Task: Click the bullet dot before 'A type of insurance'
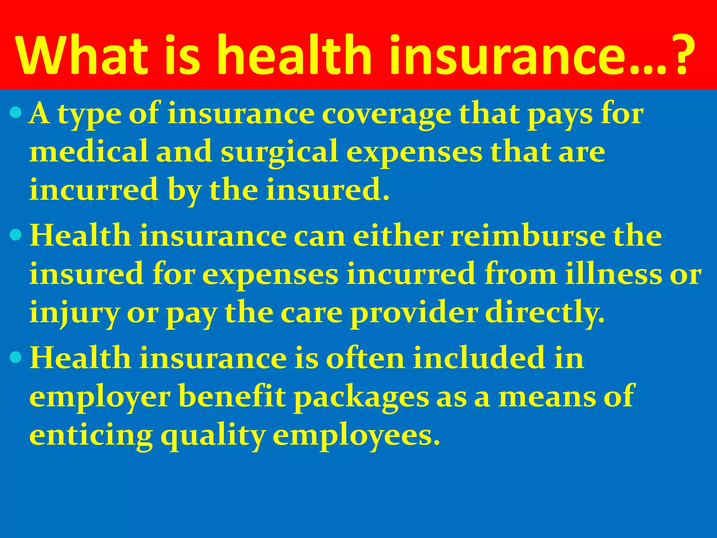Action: click(16, 113)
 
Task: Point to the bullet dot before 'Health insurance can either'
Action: click(16, 235)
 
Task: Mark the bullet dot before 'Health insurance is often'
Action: click(16, 357)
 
